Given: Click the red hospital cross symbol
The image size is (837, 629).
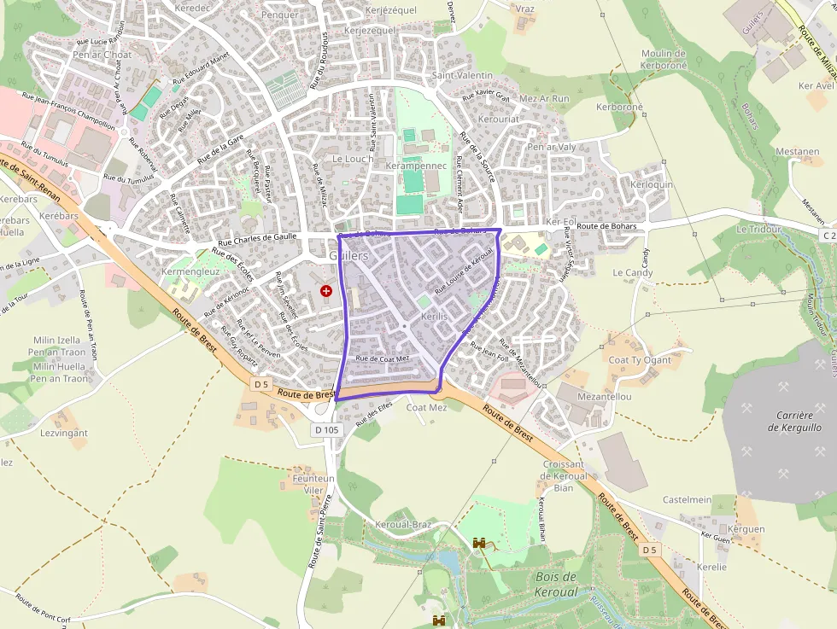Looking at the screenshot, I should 325,291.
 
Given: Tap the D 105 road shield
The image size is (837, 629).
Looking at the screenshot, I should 327,430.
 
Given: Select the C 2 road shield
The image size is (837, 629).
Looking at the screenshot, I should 828,235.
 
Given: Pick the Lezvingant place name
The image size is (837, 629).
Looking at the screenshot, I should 64,433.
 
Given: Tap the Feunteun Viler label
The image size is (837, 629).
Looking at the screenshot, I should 313,485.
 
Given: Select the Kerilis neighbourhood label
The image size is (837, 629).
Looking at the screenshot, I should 434,317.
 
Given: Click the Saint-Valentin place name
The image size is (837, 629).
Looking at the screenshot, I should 463,75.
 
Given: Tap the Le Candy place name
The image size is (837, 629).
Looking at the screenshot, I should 633,273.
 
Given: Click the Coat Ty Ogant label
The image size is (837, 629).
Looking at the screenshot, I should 640,360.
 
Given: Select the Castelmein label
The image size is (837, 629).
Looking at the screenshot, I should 688,499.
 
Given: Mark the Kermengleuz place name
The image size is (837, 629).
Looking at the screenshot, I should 192,271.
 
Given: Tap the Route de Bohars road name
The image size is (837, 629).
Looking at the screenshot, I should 612,226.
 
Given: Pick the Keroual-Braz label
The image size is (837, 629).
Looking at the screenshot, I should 404,524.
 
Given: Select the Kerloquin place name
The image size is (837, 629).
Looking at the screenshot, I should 652,184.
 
